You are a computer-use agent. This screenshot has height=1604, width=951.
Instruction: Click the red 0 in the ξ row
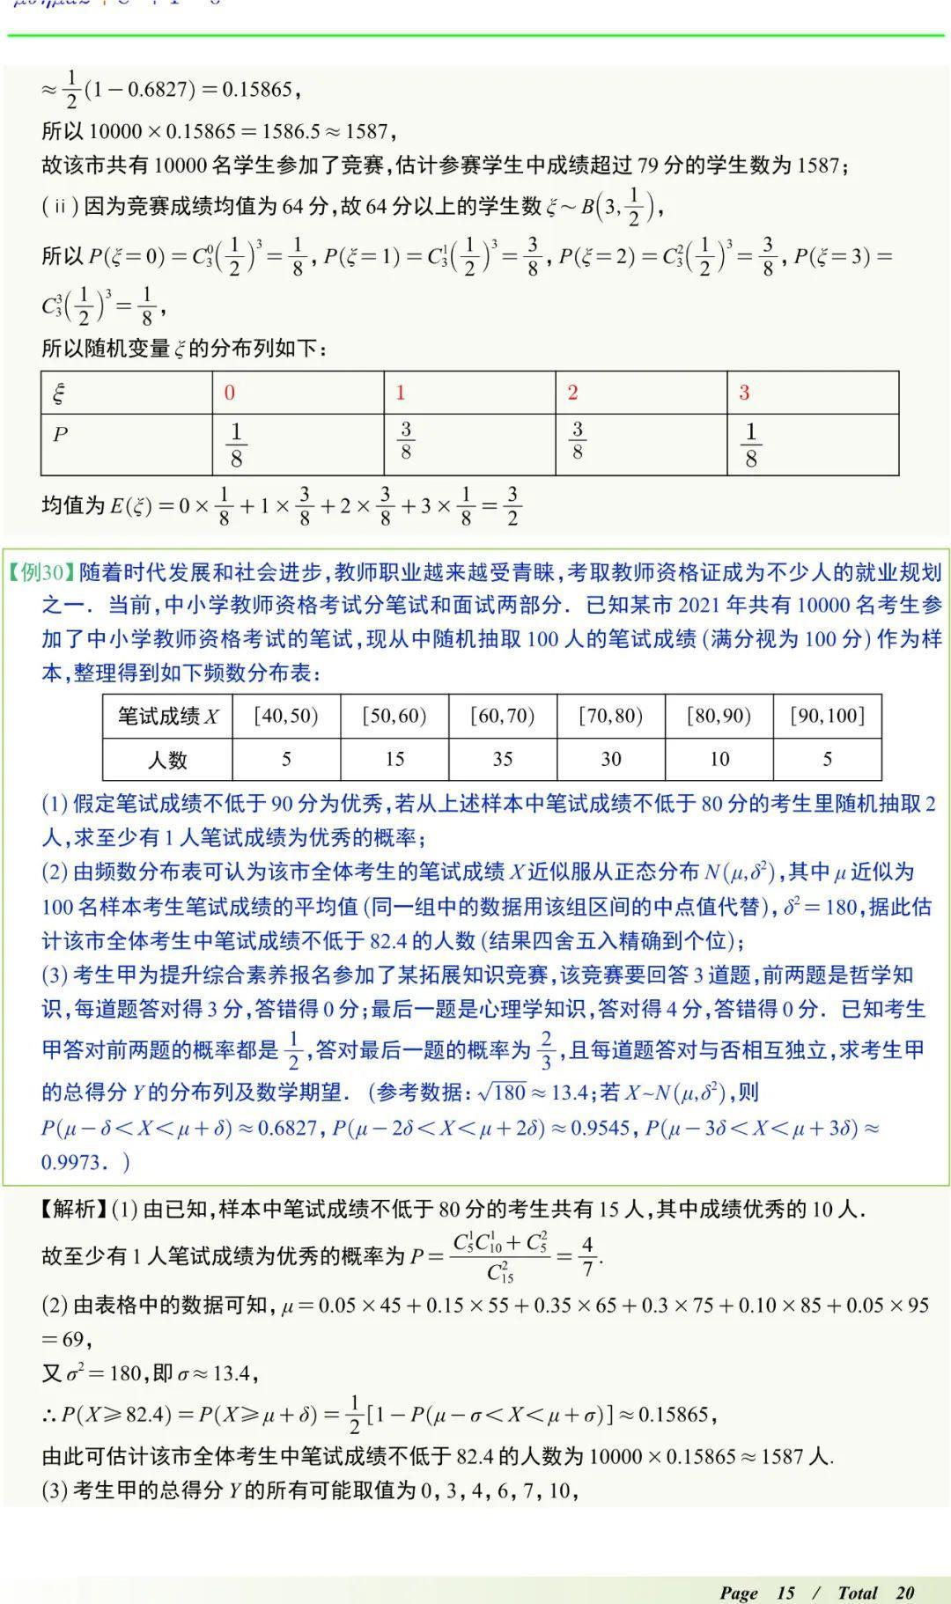click(x=230, y=393)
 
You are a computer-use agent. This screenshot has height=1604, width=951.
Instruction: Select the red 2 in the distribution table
click(x=573, y=393)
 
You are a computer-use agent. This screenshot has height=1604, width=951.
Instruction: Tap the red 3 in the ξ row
click(x=744, y=393)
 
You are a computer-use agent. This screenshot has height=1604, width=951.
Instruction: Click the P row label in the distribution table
click(x=60, y=434)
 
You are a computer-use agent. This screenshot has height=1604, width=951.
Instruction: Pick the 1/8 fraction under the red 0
click(x=236, y=445)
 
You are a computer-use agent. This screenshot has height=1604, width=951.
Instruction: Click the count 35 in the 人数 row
click(x=503, y=759)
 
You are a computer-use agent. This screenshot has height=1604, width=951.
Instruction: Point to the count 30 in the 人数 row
click(x=611, y=759)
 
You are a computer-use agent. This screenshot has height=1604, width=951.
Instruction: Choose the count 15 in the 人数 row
click(x=394, y=759)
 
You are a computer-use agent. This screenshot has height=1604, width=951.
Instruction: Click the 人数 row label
click(x=167, y=759)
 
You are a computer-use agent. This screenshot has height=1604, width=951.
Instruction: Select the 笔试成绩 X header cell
click(x=167, y=716)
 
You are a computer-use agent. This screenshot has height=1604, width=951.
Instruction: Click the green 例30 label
click(x=42, y=573)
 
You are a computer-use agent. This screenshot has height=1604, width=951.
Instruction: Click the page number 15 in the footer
click(x=785, y=1593)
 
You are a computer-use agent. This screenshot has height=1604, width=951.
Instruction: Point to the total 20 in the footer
click(x=905, y=1593)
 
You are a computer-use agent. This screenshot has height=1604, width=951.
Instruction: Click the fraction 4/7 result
click(x=587, y=1256)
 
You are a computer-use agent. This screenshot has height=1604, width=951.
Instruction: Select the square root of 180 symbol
click(x=502, y=1093)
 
